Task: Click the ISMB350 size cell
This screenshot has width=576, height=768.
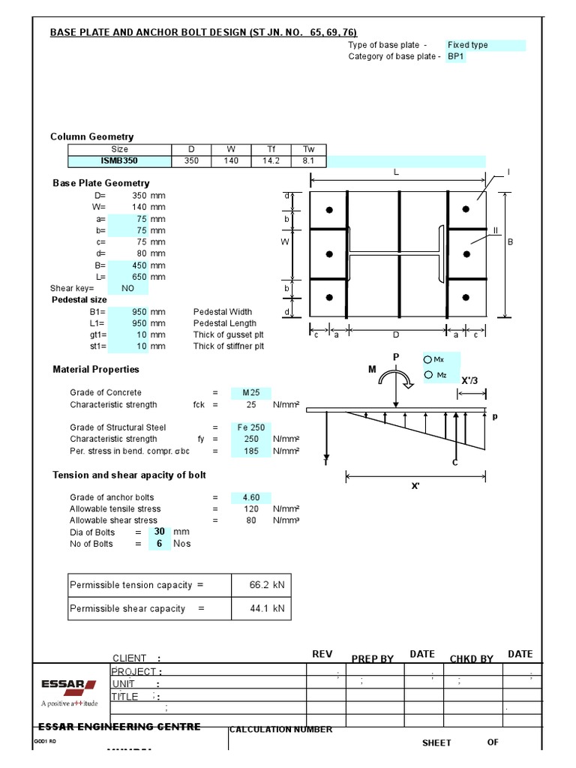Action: [x=120, y=160]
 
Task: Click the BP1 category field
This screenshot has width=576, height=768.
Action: [x=456, y=57]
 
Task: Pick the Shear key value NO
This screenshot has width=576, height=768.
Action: [x=127, y=289]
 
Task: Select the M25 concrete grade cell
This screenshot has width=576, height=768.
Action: [x=250, y=393]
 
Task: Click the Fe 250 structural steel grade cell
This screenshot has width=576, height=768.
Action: [x=250, y=427]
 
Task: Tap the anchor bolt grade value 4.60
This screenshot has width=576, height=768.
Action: [x=250, y=498]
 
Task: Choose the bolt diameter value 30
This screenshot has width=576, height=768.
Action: [x=159, y=532]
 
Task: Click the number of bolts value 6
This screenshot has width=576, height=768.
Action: [x=159, y=544]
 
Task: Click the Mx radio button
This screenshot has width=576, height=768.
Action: [x=428, y=361]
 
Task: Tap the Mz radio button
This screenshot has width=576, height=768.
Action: [x=428, y=375]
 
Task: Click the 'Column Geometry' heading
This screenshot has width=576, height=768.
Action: [x=91, y=136]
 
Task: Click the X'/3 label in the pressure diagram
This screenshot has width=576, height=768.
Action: [x=470, y=380]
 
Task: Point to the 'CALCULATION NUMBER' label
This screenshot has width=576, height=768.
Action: [x=280, y=730]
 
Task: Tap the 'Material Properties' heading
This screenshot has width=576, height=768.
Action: [x=96, y=370]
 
